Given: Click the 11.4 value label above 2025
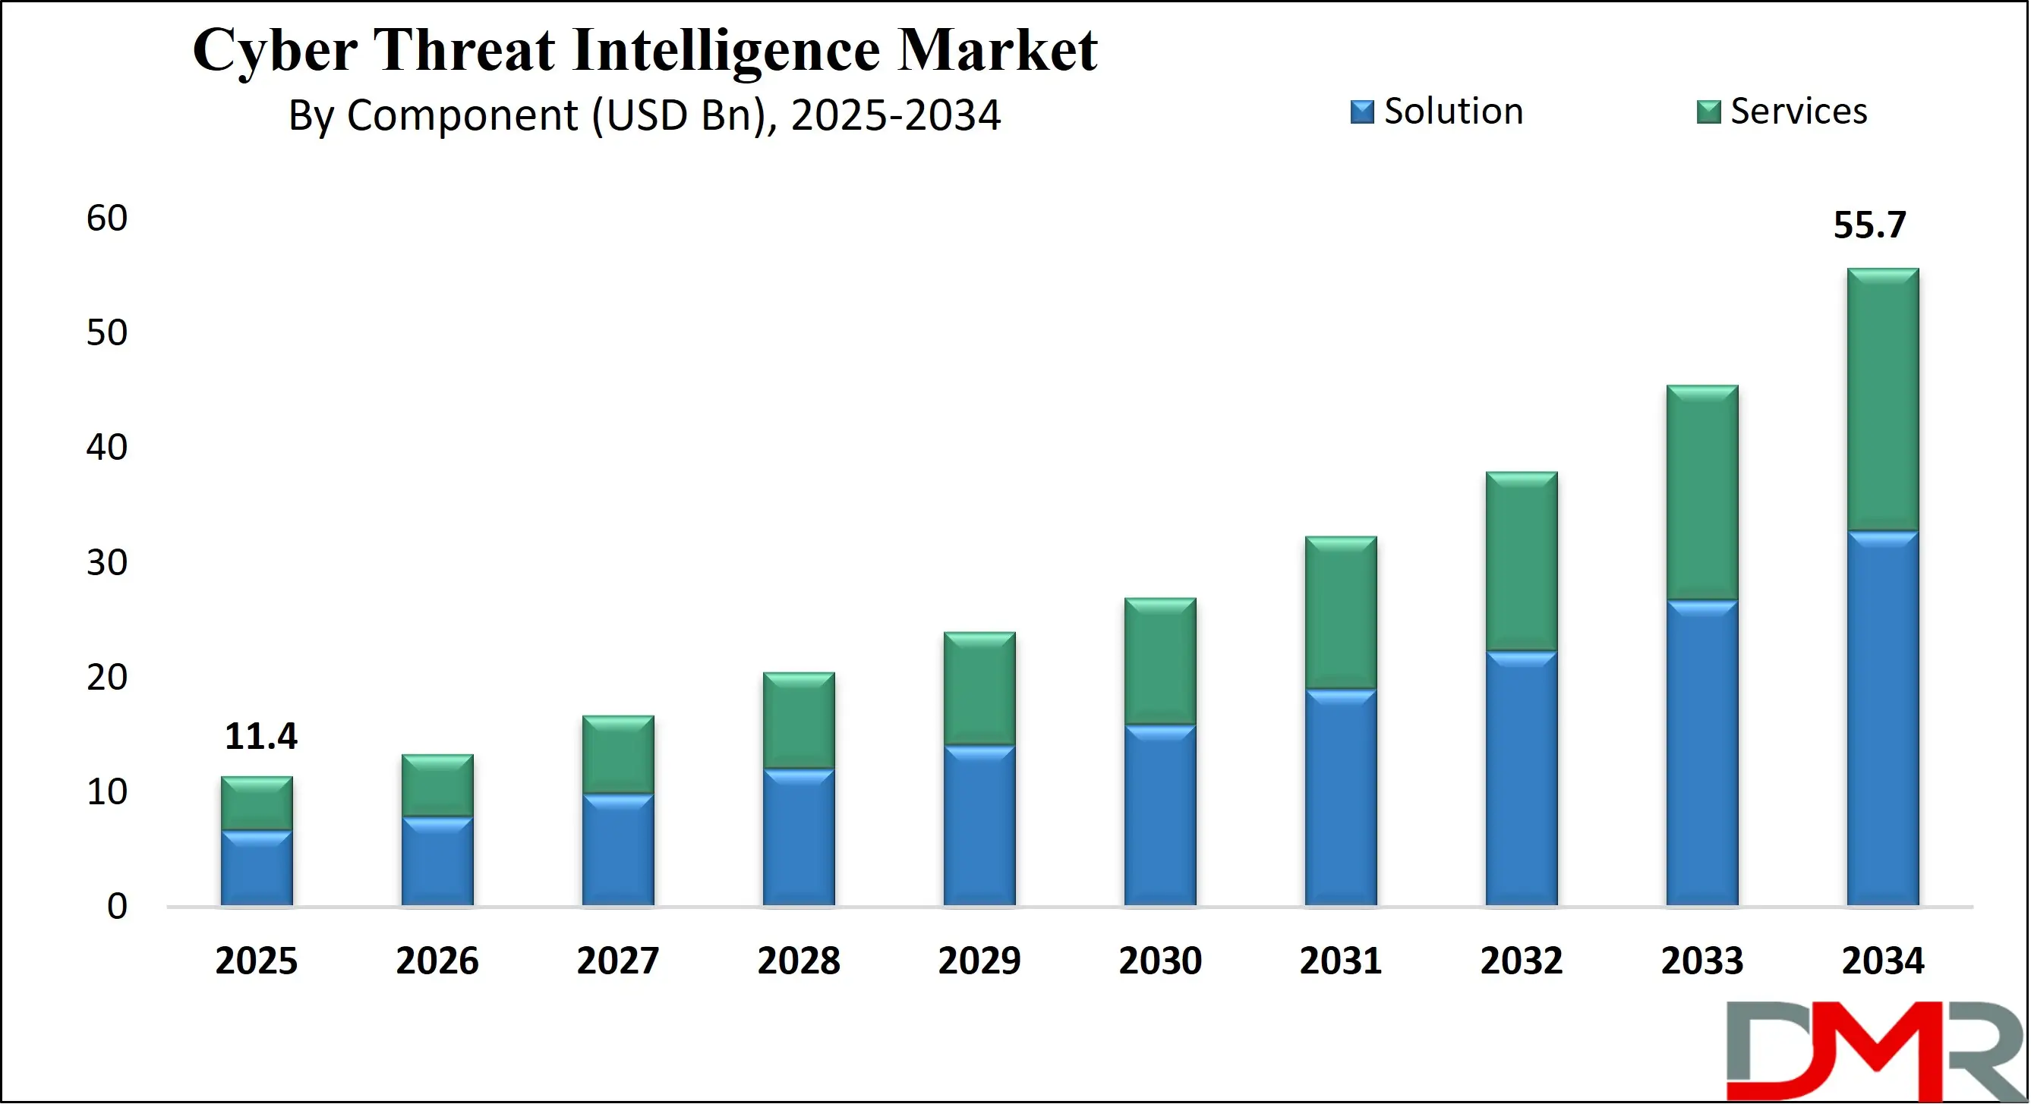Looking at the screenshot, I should pos(261,737).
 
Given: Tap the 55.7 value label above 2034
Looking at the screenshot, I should pos(1869,225).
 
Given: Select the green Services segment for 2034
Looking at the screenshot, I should pos(1883,400).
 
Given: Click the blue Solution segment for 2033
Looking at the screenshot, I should pos(1702,753).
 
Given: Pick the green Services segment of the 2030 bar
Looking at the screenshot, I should pos(1160,661).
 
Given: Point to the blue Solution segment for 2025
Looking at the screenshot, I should pos(256,867).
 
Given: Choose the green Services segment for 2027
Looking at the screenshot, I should pos(618,754).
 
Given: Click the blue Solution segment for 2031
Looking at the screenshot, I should pos(1340,797).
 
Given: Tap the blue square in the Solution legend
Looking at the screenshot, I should pos(1361,112).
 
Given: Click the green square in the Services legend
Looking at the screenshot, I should pos(1708,112).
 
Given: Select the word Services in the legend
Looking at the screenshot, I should pos(1799,111).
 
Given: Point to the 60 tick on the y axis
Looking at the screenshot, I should pos(107,219).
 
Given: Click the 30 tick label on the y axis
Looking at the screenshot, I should pos(107,563).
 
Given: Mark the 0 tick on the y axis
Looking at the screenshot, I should pos(117,907).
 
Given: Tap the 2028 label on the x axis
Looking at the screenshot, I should pos(799,961).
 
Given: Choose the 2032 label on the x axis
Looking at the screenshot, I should pos(1521,961).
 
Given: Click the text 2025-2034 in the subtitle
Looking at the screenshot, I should pos(896,115).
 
